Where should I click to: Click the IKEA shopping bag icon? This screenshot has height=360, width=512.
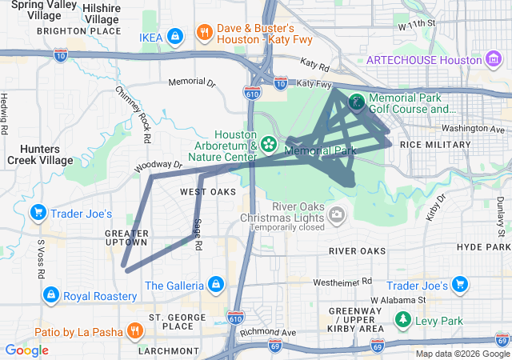[x=176, y=36]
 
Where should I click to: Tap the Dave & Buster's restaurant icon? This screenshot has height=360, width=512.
[x=205, y=33]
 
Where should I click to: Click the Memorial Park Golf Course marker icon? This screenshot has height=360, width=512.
[x=356, y=102]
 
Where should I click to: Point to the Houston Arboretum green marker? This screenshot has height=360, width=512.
[x=269, y=143]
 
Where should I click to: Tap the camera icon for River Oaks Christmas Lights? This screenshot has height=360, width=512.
[x=337, y=214]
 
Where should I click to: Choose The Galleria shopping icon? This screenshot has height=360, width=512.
[x=215, y=284]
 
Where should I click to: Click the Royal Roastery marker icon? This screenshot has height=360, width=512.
[x=51, y=295]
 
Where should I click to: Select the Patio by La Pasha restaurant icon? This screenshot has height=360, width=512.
[x=134, y=330]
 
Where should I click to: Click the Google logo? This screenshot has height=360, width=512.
[x=26, y=350]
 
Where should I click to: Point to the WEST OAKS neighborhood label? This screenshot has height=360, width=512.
[x=207, y=192]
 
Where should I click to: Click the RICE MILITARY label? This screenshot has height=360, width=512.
[x=435, y=144]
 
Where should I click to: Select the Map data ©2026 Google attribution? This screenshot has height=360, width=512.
[x=462, y=354]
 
